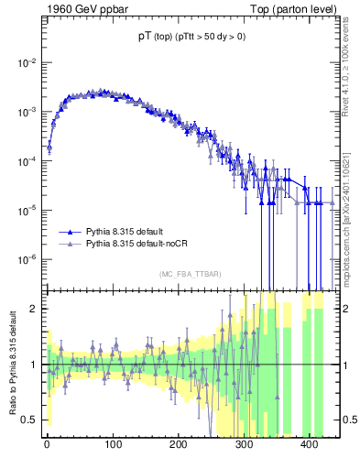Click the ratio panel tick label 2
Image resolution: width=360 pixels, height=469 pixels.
(x=34, y=309)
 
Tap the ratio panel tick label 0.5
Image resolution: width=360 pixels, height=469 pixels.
(x=29, y=420)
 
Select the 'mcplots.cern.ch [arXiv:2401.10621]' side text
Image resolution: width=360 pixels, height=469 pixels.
(x=350, y=210)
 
